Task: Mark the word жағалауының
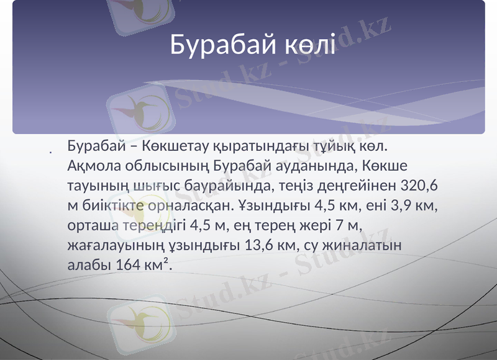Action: coord(110,244)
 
